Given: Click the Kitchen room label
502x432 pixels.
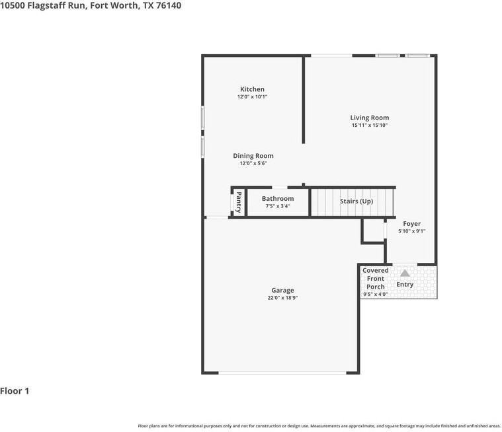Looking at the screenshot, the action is [x=252, y=89].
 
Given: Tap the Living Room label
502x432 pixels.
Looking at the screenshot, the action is [x=370, y=118].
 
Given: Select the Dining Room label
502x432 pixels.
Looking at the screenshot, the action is [x=253, y=156].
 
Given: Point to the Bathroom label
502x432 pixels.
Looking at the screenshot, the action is [x=278, y=199].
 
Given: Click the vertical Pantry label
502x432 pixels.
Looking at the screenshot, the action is [x=239, y=202].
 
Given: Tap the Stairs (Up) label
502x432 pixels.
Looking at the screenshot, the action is [x=356, y=201].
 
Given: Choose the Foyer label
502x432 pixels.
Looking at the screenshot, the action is [x=411, y=223].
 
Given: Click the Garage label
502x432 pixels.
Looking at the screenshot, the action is [x=282, y=291].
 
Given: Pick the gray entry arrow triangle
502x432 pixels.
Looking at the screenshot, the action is [x=405, y=273].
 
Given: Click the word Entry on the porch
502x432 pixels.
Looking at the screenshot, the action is [x=405, y=284].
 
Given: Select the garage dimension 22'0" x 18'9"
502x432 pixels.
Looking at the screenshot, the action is [x=282, y=298].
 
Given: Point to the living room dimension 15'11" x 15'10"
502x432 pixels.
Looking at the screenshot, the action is [x=370, y=125].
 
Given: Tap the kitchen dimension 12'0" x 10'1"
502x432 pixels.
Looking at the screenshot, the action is [x=252, y=96].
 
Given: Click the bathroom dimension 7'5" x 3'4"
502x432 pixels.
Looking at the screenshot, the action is [x=278, y=206].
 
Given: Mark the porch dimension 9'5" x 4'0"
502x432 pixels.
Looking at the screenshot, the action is [x=376, y=294].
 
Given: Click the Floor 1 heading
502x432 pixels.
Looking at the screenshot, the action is [x=15, y=391].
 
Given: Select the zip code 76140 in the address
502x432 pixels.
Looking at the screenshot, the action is [x=169, y=5].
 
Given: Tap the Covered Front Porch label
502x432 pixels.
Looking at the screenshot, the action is [x=376, y=279].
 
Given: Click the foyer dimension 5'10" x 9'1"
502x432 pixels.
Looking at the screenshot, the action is [x=411, y=231].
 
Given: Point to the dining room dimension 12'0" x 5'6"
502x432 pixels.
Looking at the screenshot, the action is [x=253, y=163].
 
